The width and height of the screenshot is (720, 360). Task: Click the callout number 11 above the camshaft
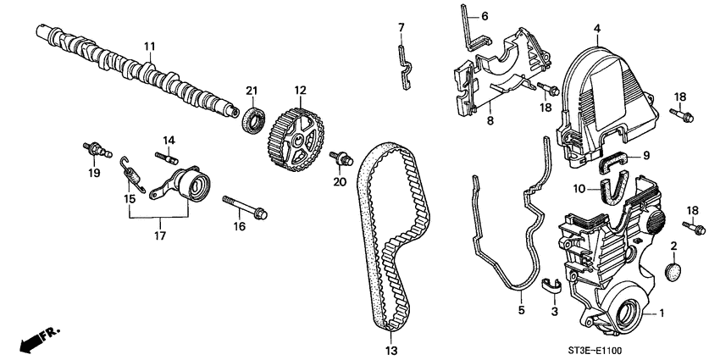pos(149,44)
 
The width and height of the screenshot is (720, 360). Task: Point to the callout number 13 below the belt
pos(390,348)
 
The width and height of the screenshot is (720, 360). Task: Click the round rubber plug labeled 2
pos(674,271)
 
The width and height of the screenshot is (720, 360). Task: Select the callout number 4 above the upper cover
pos(596,29)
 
